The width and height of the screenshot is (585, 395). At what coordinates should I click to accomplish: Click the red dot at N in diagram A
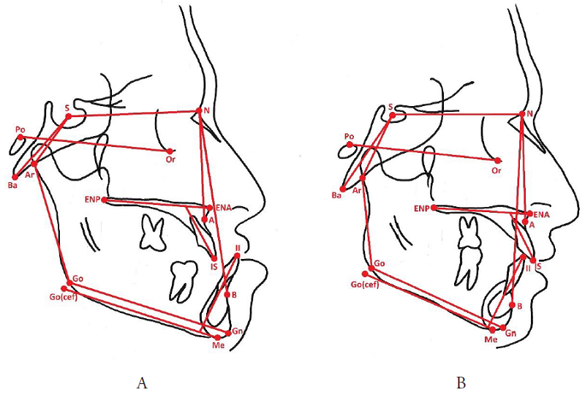pyautogui.click(x=197, y=111)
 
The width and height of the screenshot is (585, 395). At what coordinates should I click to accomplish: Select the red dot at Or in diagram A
pyautogui.click(x=169, y=151)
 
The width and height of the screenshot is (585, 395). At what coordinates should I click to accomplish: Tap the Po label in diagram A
pyautogui.click(x=20, y=129)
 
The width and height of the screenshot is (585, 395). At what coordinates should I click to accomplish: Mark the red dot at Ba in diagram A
pyautogui.click(x=15, y=176)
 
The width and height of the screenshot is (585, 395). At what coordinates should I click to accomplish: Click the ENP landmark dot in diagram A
pyautogui.click(x=105, y=199)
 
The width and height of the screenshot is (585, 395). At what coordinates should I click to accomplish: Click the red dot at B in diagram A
pyautogui.click(x=227, y=295)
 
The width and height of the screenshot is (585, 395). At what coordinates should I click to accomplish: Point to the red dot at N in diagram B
pyautogui.click(x=522, y=114)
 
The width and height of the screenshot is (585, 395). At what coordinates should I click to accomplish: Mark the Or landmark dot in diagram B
pyautogui.click(x=497, y=160)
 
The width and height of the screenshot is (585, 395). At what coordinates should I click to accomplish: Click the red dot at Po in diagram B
pyautogui.click(x=350, y=145)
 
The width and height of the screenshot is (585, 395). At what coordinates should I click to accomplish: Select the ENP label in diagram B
pyautogui.click(x=420, y=208)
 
